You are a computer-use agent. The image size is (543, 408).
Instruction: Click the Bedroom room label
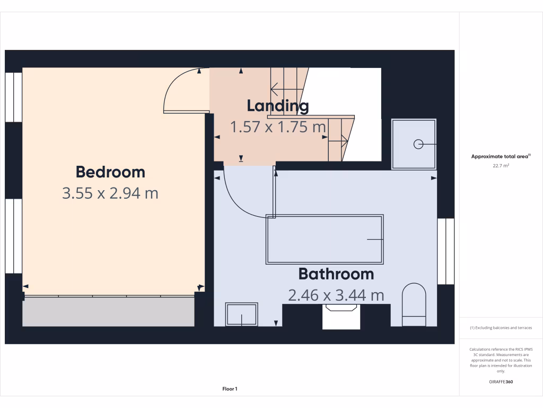pos(110,172)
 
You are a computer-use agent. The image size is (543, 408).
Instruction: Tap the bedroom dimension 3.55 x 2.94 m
pos(110,193)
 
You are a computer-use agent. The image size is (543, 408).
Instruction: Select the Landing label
pos(277,106)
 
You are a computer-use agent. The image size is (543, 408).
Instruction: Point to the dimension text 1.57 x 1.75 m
pos(277,127)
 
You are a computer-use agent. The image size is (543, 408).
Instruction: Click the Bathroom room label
pos(336,274)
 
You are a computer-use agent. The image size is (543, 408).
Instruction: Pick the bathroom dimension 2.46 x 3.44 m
pos(336,295)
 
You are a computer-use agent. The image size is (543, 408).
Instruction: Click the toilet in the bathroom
pos(414,305)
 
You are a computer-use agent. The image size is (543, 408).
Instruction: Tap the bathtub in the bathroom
pos(325,240)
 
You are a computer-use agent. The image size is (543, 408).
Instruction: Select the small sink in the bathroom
pos(241,314)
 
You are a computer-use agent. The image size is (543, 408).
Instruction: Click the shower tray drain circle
pos(418,144)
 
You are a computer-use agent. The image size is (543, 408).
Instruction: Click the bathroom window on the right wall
pos(446,251)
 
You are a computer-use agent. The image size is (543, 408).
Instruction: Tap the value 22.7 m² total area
pos(501,166)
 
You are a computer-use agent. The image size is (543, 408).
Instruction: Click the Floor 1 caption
pos(230,389)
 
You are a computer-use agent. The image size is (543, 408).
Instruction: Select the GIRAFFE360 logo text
pos(501,382)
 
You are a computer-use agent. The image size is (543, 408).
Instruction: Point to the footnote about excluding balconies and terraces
pos(501,328)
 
